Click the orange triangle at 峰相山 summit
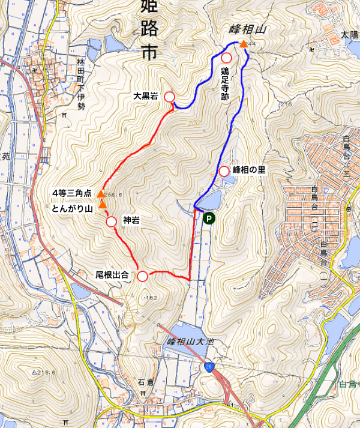click(x=243, y=44)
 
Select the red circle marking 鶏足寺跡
click(x=227, y=58)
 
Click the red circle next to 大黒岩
click(x=169, y=97)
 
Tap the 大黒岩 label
click(x=146, y=96)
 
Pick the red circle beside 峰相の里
click(x=224, y=170)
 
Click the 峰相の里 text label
click(x=249, y=170)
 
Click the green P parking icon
click(x=208, y=219)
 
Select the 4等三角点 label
click(x=71, y=193)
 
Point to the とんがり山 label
click(x=71, y=208)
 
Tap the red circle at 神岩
click(x=111, y=221)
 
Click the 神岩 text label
click(x=131, y=221)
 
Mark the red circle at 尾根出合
click(x=143, y=276)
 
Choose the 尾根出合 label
click(x=112, y=276)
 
